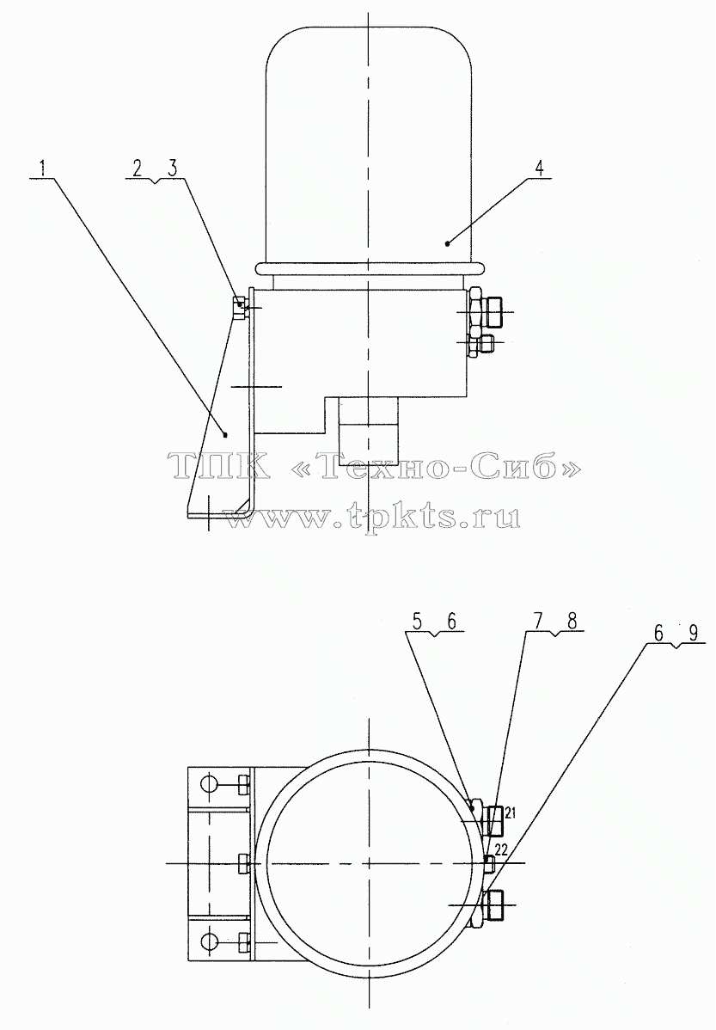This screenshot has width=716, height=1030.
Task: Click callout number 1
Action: tap(44, 168)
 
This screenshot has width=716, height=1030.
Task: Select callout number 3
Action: tap(172, 168)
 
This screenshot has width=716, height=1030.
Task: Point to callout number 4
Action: tap(539, 168)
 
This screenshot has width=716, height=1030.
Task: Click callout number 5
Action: tap(418, 621)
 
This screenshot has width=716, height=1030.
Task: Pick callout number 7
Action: tap(538, 621)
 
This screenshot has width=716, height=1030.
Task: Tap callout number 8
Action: tap(572, 621)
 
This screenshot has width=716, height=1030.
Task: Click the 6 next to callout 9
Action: tap(658, 632)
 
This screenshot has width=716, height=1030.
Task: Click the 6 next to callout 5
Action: tap(451, 621)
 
